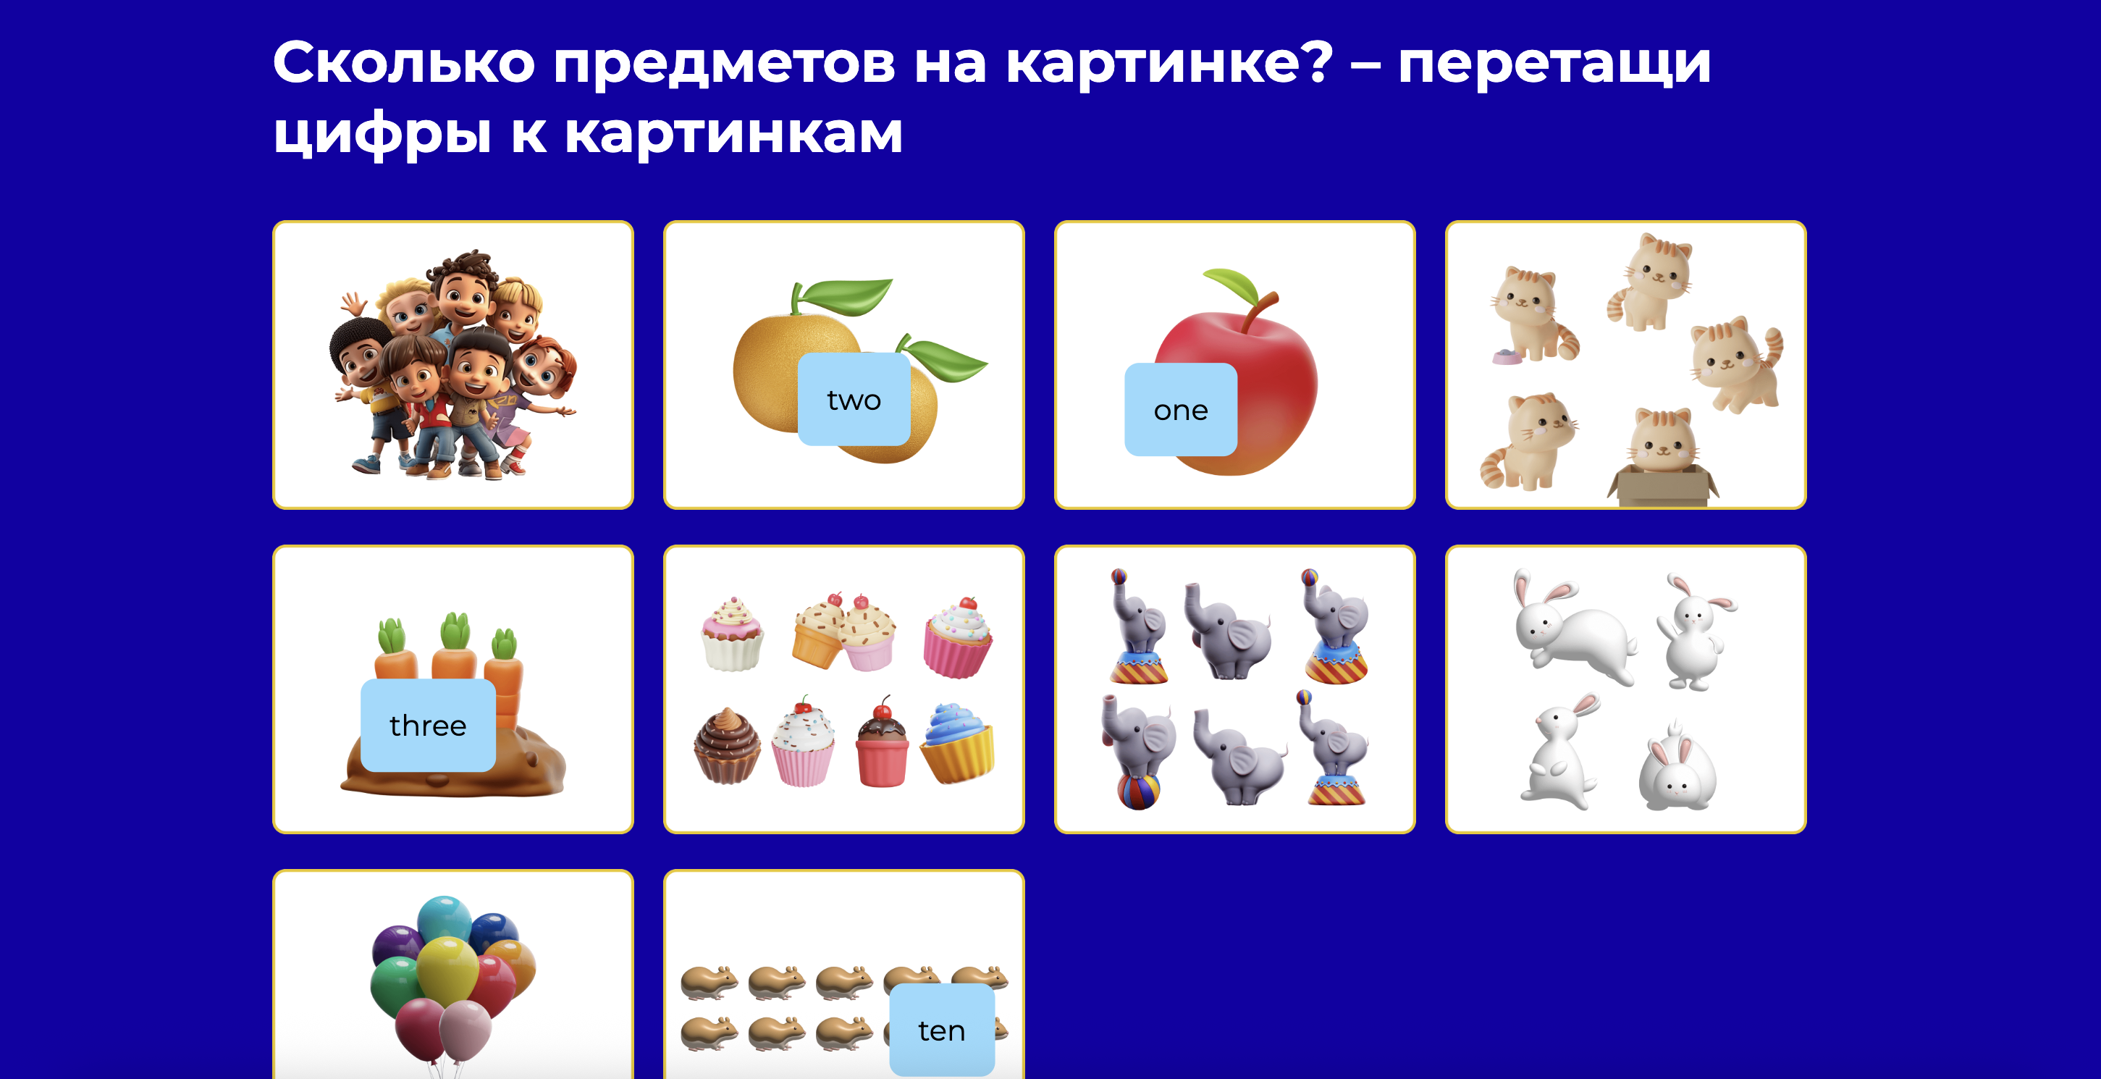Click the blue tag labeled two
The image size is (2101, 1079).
(x=853, y=400)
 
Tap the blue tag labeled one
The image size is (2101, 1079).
(x=1180, y=409)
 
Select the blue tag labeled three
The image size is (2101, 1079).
(x=427, y=725)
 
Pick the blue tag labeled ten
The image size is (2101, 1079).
(x=941, y=1030)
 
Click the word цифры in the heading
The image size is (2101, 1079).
(x=382, y=133)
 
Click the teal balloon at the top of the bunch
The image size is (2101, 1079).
(x=445, y=918)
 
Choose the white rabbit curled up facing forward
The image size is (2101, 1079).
(x=1676, y=775)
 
